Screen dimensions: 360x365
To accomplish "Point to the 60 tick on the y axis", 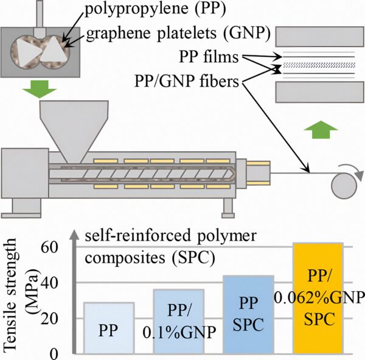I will (57, 247).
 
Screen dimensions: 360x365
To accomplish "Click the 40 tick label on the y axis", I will (57, 283).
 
